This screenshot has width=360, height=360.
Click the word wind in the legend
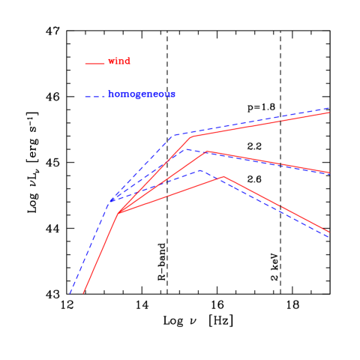pyautogui.click(x=119, y=61)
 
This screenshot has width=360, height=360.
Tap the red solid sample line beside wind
pyautogui.click(x=94, y=64)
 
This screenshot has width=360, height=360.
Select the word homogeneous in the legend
pyautogui.click(x=142, y=94)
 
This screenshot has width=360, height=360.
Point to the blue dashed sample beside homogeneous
pyautogui.click(x=94, y=97)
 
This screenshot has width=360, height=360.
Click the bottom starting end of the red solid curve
pyautogui.click(x=82, y=294)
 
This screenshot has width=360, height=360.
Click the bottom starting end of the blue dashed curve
pyautogui.click(x=70, y=294)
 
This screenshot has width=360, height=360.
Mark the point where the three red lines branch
pyautogui.click(x=118, y=214)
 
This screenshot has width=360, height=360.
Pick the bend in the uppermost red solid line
pyautogui.click(x=190, y=137)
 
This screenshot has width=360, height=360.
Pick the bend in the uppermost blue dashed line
pyautogui.click(x=174, y=136)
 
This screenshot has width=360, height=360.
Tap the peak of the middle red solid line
pyautogui.click(x=205, y=151)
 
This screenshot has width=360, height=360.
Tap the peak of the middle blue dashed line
pyautogui.click(x=184, y=148)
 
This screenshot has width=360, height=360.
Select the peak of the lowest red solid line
pyautogui.click(x=223, y=177)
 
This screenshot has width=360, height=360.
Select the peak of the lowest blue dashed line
pyautogui.click(x=200, y=170)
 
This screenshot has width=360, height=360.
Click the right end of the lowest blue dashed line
pyautogui.click(x=329, y=237)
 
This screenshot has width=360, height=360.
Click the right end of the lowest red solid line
pyautogui.click(x=329, y=232)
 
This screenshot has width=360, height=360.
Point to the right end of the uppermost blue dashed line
pyautogui.click(x=329, y=108)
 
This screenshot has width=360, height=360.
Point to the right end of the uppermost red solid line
pyautogui.click(x=329, y=112)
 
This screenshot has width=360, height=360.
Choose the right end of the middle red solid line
pyautogui.click(x=329, y=172)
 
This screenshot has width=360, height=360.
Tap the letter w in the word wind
pyautogui.click(x=112, y=61)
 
